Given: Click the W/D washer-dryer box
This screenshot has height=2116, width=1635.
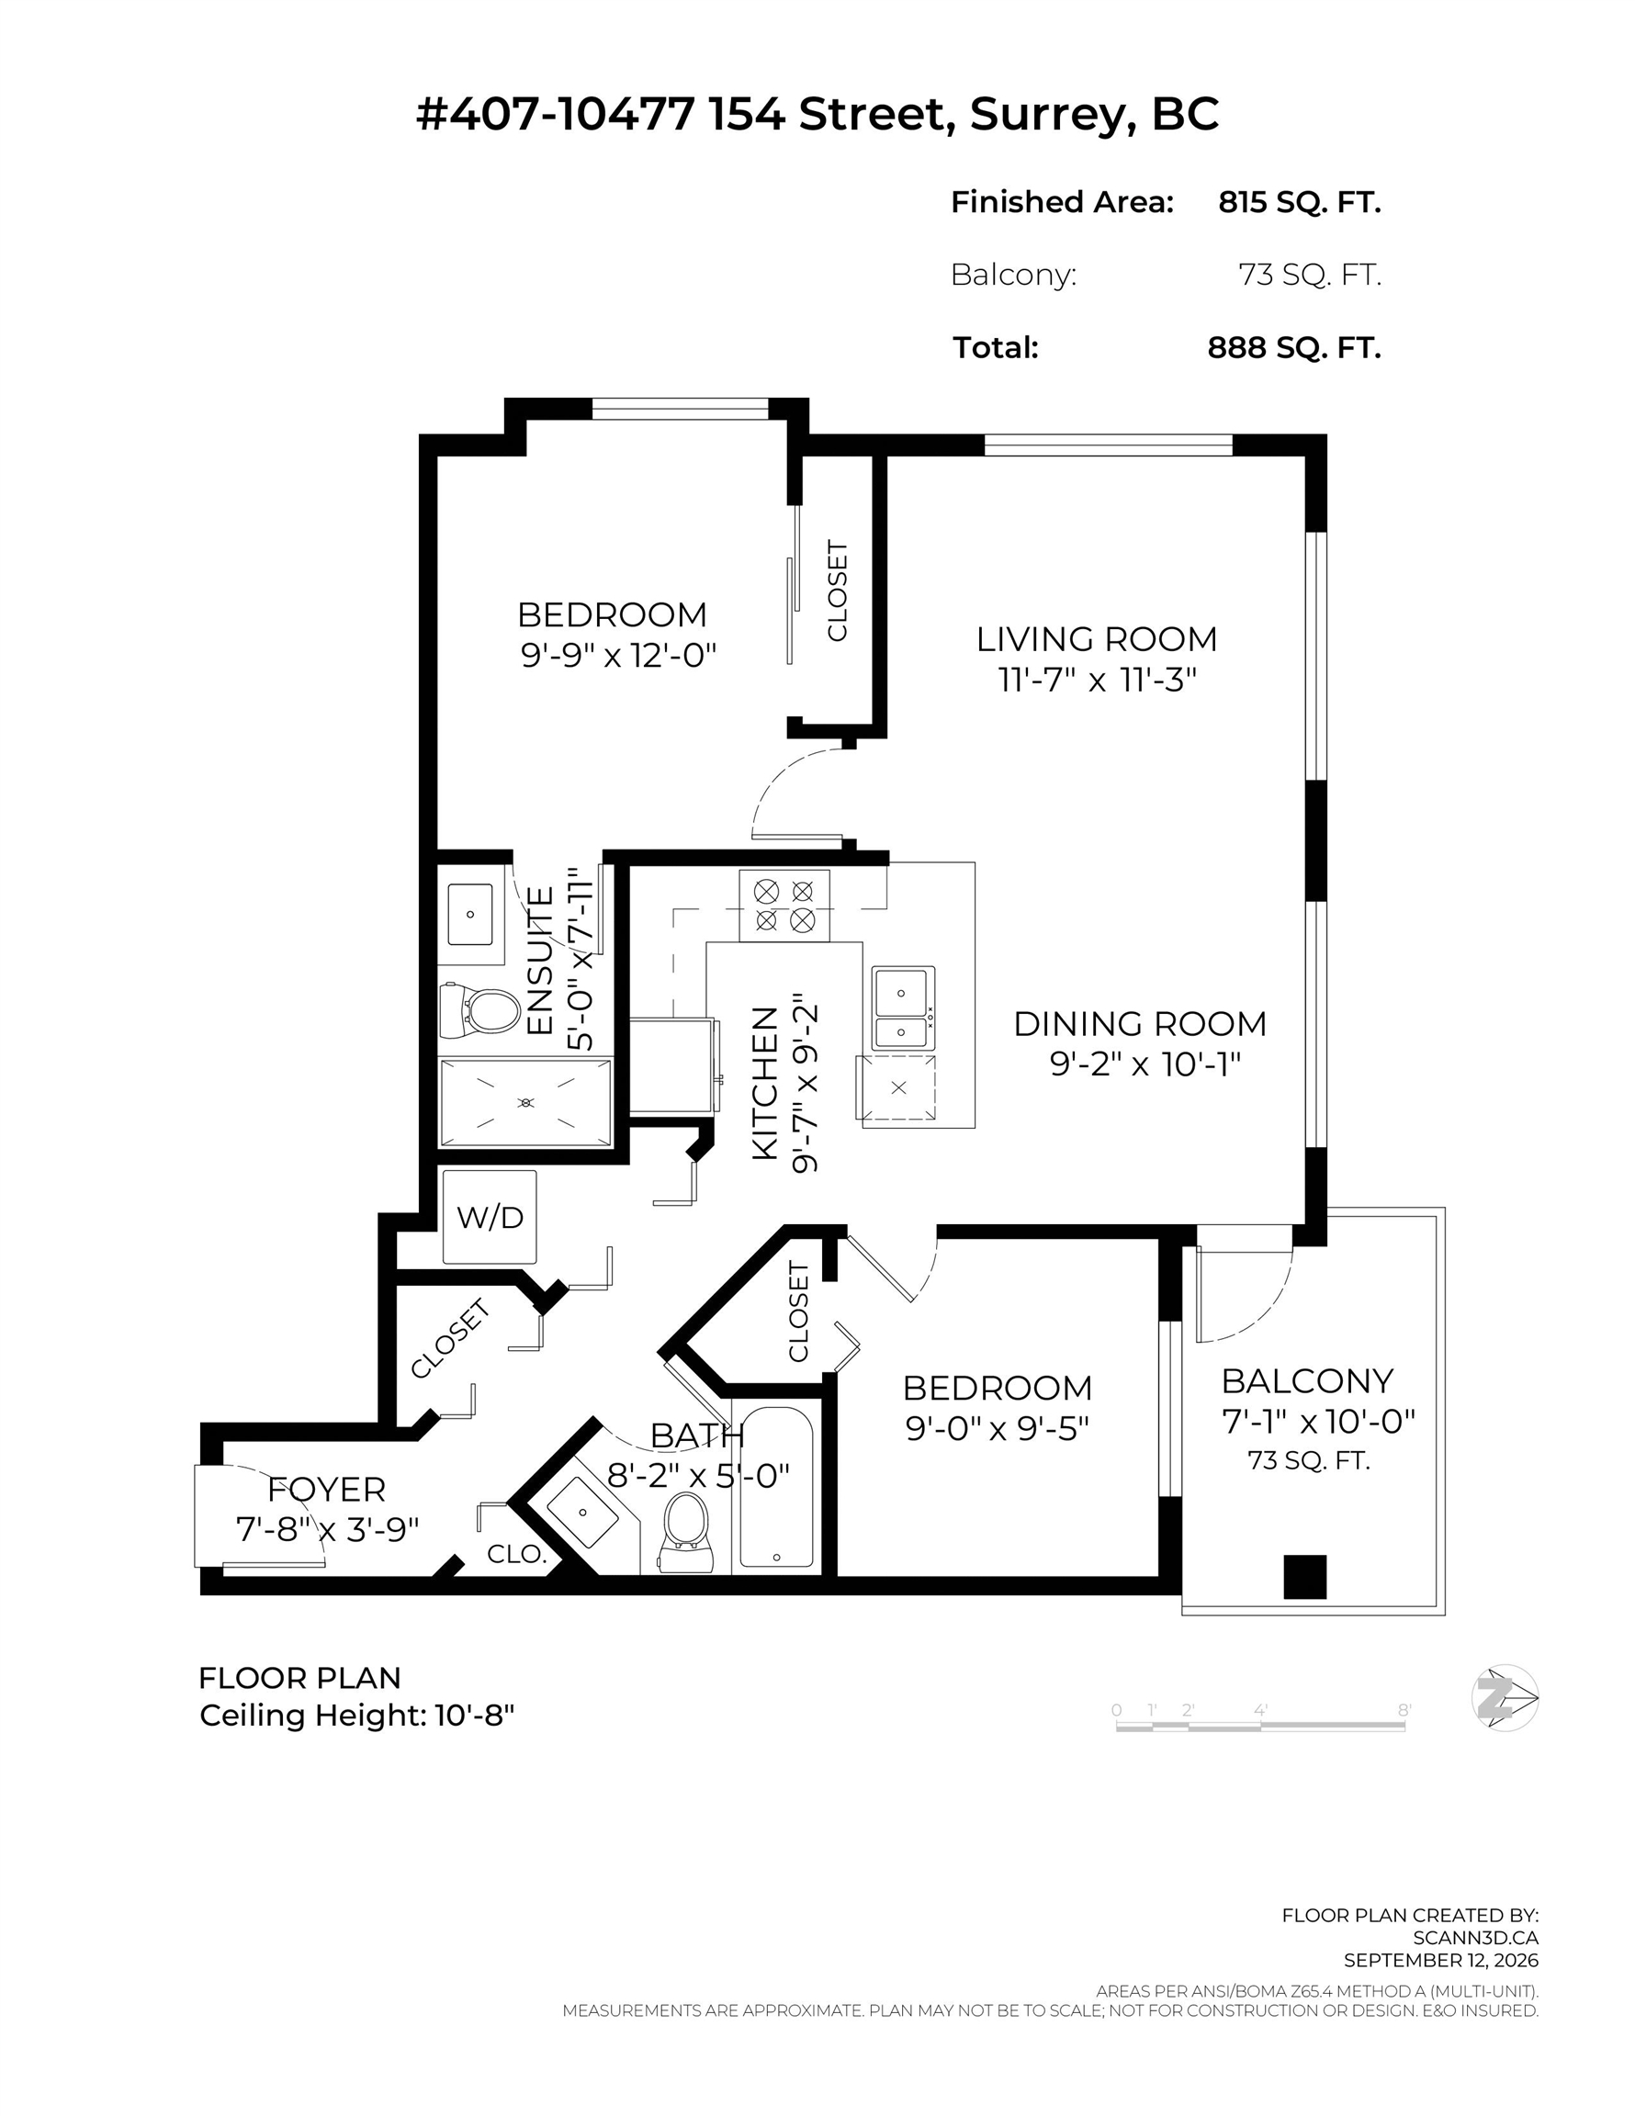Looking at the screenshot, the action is tap(490, 1217).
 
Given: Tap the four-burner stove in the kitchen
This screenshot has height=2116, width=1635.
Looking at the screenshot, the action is tap(784, 905).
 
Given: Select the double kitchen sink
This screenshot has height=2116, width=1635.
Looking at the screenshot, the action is tap(902, 1007).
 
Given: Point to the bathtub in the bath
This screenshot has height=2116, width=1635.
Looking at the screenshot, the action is tap(776, 1486).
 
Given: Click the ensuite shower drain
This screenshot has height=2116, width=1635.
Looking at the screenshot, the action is tap(526, 1103).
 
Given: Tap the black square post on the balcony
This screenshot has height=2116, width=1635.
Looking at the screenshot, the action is tap(1304, 1576).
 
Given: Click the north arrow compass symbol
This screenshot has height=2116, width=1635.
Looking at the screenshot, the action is tap(1505, 1698).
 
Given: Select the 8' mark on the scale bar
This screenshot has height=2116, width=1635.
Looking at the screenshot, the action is tap(1404, 1710).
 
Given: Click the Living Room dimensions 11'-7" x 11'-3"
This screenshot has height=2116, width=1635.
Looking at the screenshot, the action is tap(1098, 681).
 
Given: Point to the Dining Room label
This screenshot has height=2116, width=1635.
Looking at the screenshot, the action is tap(1140, 1023).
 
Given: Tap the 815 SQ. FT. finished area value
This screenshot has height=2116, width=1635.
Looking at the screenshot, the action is tap(1300, 201).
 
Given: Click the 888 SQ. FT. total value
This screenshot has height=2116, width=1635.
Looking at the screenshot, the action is tap(1294, 347).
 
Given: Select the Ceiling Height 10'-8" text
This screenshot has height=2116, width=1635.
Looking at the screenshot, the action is tap(356, 1716).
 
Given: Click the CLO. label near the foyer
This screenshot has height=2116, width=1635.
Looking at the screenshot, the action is tap(517, 1554).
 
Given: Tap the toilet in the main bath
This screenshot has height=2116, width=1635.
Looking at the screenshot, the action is tap(686, 1533).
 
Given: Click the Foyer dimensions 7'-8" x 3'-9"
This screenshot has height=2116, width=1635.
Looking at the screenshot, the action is tap(328, 1530).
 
